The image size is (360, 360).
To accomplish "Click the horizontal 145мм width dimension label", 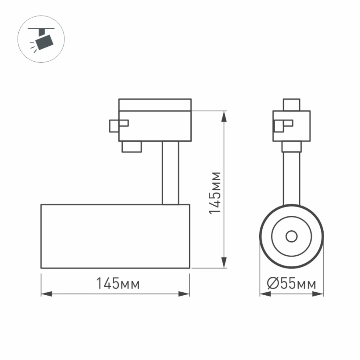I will (118, 284).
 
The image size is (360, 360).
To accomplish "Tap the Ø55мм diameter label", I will (292, 284).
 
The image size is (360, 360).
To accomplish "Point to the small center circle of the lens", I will (292, 236).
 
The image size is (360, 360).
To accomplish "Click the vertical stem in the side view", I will (170, 173).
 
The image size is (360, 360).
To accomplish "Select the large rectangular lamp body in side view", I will (115, 236).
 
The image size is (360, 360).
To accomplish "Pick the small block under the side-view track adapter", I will (132, 146).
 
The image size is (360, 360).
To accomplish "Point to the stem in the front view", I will (292, 178).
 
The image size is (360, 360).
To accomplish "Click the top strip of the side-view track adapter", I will (155, 105).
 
